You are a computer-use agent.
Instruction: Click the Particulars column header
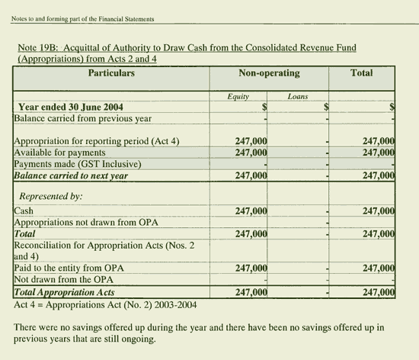tap(111, 73)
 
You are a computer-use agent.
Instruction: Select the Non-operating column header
tap(269, 73)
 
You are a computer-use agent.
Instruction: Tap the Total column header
tap(361, 73)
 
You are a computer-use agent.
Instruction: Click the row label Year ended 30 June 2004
tap(71, 108)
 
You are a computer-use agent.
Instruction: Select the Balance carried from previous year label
tap(83, 118)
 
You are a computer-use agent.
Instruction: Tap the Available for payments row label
tap(59, 153)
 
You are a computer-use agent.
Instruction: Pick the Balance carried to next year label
tap(72, 175)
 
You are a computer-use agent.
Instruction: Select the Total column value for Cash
tap(378, 211)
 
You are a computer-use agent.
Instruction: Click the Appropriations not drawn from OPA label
tap(89, 222)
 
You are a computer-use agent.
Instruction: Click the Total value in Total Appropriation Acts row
tap(378, 292)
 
